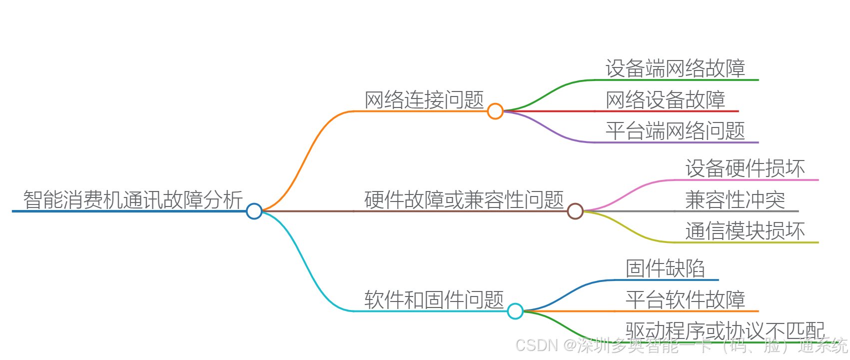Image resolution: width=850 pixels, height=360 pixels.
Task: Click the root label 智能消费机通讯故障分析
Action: click(133, 200)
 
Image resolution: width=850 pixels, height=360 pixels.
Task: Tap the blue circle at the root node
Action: click(254, 211)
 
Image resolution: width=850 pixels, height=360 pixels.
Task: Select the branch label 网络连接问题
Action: click(424, 100)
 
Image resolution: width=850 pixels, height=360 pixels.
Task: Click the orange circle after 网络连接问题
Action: click(495, 111)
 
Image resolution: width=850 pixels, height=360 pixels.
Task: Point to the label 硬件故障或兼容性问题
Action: click(464, 200)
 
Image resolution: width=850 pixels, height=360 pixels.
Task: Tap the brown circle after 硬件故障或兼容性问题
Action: click(575, 211)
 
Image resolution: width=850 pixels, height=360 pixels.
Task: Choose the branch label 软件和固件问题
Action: click(434, 300)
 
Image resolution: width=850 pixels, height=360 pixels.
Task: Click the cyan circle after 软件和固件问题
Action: click(515, 311)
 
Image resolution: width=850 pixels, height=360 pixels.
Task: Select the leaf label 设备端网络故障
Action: click(675, 68)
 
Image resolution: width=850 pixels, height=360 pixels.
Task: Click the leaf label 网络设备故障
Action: click(665, 100)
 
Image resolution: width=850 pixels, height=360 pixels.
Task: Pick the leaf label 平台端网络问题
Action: click(675, 131)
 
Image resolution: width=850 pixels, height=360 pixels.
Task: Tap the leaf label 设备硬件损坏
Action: click(745, 168)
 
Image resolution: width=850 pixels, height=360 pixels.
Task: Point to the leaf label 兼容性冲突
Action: click(735, 200)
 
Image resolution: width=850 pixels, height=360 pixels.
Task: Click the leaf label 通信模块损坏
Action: click(745, 231)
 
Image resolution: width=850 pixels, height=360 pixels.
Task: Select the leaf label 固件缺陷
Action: click(665, 268)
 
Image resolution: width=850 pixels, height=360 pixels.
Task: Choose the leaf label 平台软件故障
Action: click(685, 300)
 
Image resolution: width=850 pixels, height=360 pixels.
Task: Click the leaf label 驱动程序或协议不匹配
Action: click(725, 330)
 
